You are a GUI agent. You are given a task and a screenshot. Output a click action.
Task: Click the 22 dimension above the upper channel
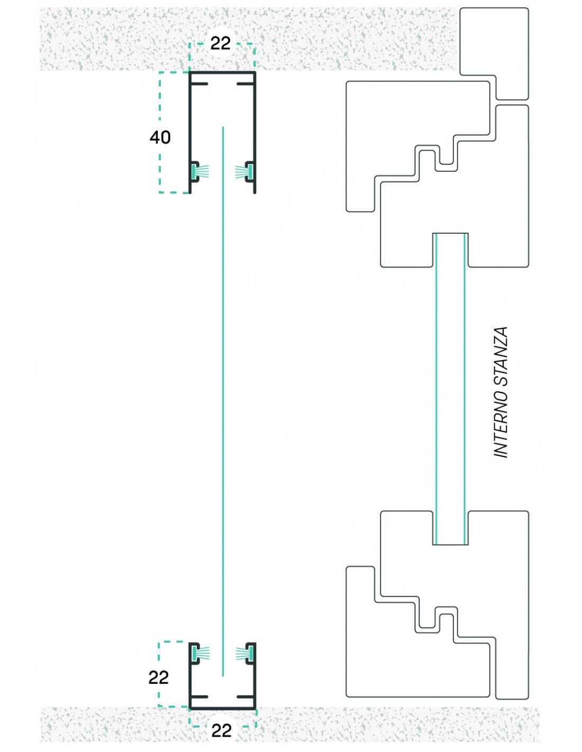tap(221, 43)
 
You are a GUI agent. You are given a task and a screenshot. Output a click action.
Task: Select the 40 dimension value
tap(160, 137)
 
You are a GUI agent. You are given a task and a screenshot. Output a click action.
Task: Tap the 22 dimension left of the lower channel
tap(158, 677)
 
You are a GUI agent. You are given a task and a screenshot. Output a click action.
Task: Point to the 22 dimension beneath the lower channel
tap(221, 730)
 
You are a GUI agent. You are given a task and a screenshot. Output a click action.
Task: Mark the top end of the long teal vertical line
tap(223, 128)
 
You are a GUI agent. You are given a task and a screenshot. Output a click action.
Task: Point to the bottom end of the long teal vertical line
tap(223, 675)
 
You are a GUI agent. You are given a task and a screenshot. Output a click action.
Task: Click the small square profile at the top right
tap(494, 53)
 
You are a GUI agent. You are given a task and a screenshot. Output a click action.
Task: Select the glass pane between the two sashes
tap(450, 389)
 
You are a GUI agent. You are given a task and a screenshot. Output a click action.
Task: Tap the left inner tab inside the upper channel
tap(199, 84)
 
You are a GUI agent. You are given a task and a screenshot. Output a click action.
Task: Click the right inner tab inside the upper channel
tap(245, 84)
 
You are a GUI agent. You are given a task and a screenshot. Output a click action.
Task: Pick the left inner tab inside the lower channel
tap(199, 697)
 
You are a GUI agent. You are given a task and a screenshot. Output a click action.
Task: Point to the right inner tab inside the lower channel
tap(245, 697)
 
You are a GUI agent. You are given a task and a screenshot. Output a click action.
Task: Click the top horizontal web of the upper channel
tap(223, 72)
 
